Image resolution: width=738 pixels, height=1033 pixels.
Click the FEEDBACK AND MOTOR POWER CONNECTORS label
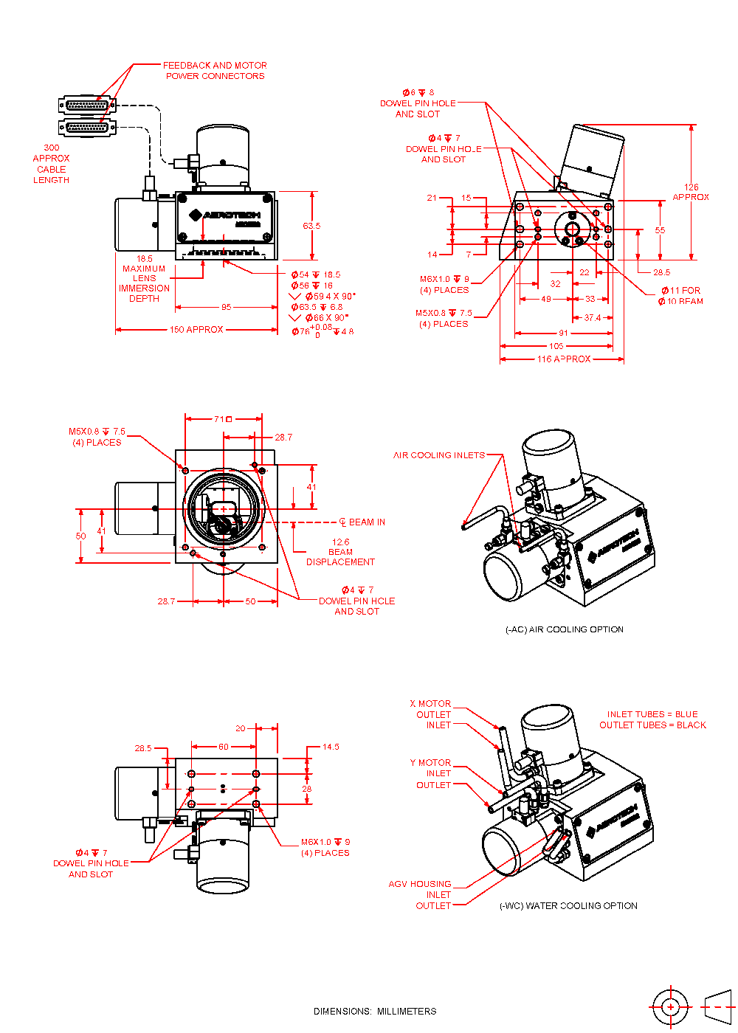pos(215,71)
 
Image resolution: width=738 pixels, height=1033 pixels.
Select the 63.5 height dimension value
pos(311,226)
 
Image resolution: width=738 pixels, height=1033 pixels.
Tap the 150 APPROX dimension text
pos(196,330)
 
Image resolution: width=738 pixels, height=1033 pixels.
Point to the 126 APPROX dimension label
pos(691,192)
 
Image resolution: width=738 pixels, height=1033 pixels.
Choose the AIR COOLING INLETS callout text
pos(439,455)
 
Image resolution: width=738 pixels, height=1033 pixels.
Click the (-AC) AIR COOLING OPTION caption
pos(565,629)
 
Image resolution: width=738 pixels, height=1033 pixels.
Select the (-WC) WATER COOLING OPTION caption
pos(568,905)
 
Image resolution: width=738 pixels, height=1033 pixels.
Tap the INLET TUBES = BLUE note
pos(652,714)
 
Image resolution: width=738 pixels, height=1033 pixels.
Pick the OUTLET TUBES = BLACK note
pos(652,725)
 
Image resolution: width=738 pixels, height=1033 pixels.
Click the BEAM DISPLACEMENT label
pos(340,557)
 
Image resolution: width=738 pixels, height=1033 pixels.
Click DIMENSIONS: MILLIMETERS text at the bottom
pos(375,1011)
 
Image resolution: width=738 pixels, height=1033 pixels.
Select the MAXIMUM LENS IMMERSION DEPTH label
pos(144,283)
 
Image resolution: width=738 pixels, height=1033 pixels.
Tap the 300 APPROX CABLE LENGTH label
pos(51,164)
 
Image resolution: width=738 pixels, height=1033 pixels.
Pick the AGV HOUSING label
pos(420,884)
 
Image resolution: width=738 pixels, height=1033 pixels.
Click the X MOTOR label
pos(430,704)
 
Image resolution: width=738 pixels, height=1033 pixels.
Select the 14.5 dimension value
pos(331,747)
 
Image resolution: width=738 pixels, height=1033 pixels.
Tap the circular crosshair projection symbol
pos(670,1006)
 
